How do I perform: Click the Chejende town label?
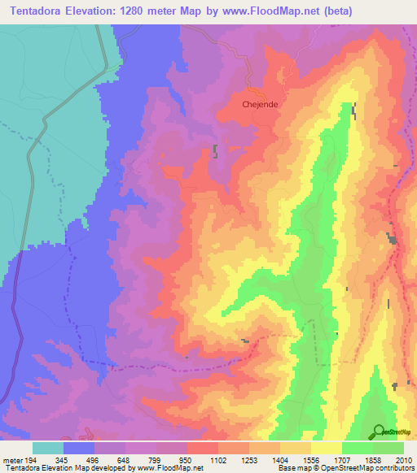260,104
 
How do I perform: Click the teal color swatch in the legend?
48,448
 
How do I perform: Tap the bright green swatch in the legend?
358,448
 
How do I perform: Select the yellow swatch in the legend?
327,448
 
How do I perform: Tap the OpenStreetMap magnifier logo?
379,431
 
